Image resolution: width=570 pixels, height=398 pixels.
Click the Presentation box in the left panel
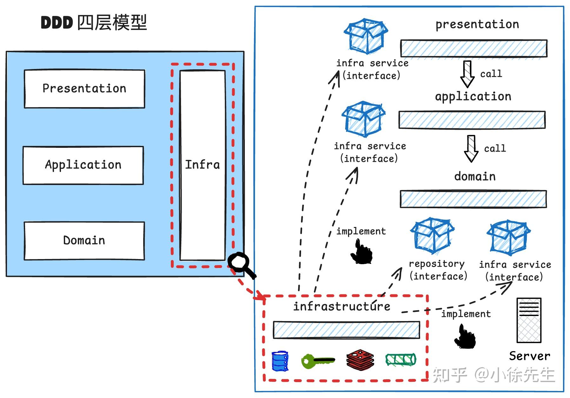coord(84,89)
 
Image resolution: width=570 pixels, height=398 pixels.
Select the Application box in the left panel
coord(83,165)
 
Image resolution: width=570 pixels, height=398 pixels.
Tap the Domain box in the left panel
coord(84,241)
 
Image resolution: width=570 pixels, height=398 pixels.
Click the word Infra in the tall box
coord(202,165)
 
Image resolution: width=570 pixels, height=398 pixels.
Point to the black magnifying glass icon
coord(241,264)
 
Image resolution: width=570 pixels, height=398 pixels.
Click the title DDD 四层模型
coord(94,23)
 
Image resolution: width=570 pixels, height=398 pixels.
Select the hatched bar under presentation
coord(473,48)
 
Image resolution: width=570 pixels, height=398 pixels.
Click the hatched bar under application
coord(472,120)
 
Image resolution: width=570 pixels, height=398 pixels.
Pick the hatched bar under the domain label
coord(473,199)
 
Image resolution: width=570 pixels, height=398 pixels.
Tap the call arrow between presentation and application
coord(467,74)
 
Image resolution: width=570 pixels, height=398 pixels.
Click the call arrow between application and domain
coord(471,148)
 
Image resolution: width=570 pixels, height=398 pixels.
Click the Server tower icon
coord(529,320)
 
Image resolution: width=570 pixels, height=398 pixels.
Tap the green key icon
coord(317,361)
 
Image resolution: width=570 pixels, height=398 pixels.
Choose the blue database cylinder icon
coord(280,361)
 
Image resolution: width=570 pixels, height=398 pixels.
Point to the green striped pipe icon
coord(401,360)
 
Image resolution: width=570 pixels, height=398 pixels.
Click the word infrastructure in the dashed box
coord(342,306)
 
